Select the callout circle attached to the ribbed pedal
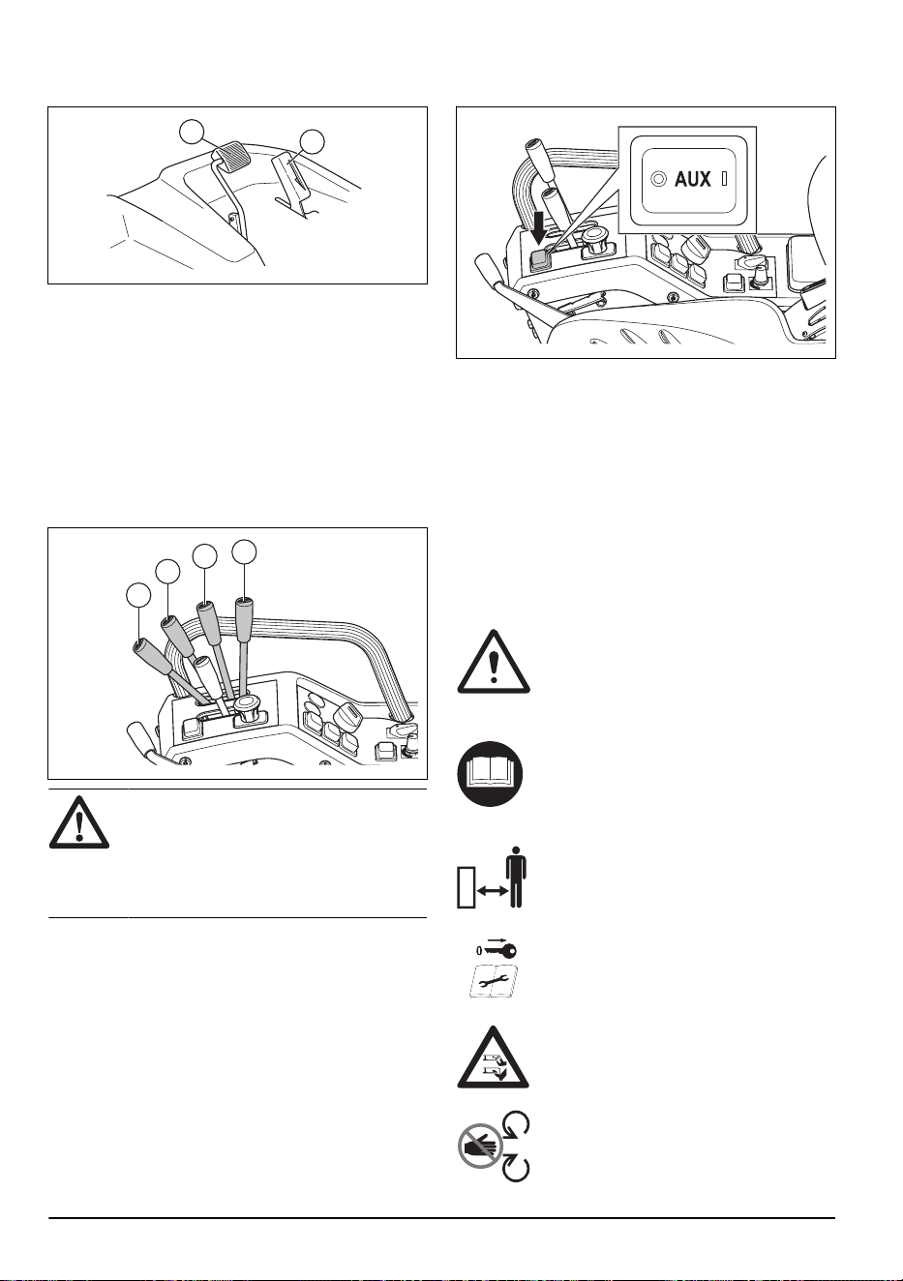pos(192,132)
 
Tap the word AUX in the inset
pos(692,180)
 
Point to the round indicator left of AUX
pos(659,180)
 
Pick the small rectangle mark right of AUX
pos(725,180)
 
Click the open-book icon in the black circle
pos(490,774)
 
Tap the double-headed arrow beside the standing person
pos(493,890)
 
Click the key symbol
pos(499,950)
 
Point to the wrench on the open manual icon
pos(492,982)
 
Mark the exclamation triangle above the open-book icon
pos(494,662)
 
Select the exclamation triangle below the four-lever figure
pos(79,822)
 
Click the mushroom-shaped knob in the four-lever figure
pos(247,709)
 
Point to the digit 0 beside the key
pos(479,951)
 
